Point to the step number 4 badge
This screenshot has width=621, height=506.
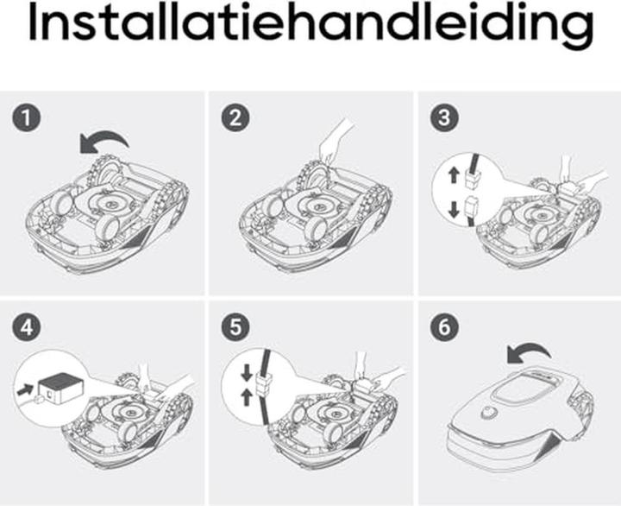(28, 328)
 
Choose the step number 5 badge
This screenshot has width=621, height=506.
(236, 328)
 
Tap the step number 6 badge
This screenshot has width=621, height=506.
(444, 328)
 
